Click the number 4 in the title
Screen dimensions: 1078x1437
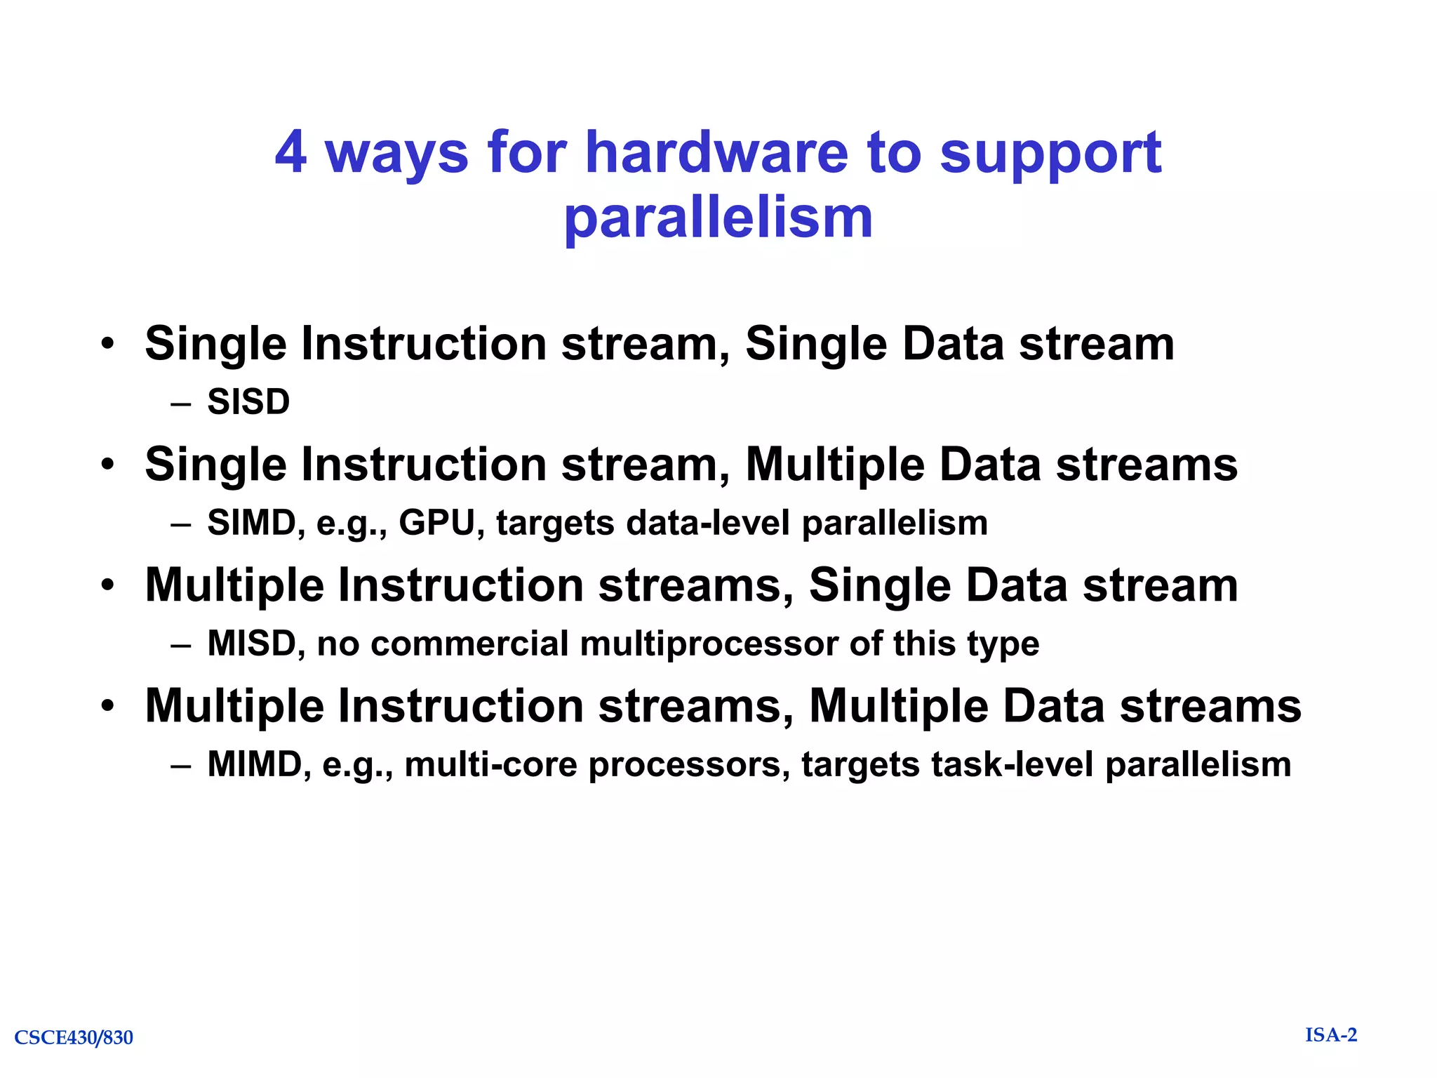click(x=290, y=152)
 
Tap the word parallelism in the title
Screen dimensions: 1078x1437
click(x=718, y=218)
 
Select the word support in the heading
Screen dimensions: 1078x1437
click(x=1050, y=154)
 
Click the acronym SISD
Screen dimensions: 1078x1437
click(x=248, y=402)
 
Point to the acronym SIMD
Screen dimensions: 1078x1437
click(x=251, y=523)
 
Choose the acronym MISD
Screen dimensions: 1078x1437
click(x=251, y=644)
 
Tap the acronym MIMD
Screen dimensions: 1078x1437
click(x=254, y=764)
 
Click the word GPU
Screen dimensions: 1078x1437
click(x=437, y=523)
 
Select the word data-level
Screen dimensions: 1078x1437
click(x=709, y=523)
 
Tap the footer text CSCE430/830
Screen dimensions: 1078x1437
click(x=74, y=1037)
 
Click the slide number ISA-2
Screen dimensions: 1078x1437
click(x=1331, y=1035)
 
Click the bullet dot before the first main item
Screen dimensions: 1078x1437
click(x=107, y=344)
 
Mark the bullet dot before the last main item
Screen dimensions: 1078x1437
click(x=107, y=705)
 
